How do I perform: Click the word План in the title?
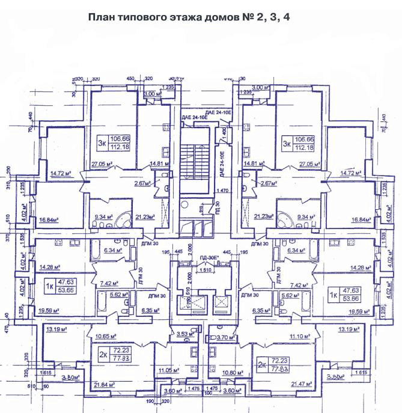[x=102, y=17]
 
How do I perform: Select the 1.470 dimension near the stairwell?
[x=224, y=190]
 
